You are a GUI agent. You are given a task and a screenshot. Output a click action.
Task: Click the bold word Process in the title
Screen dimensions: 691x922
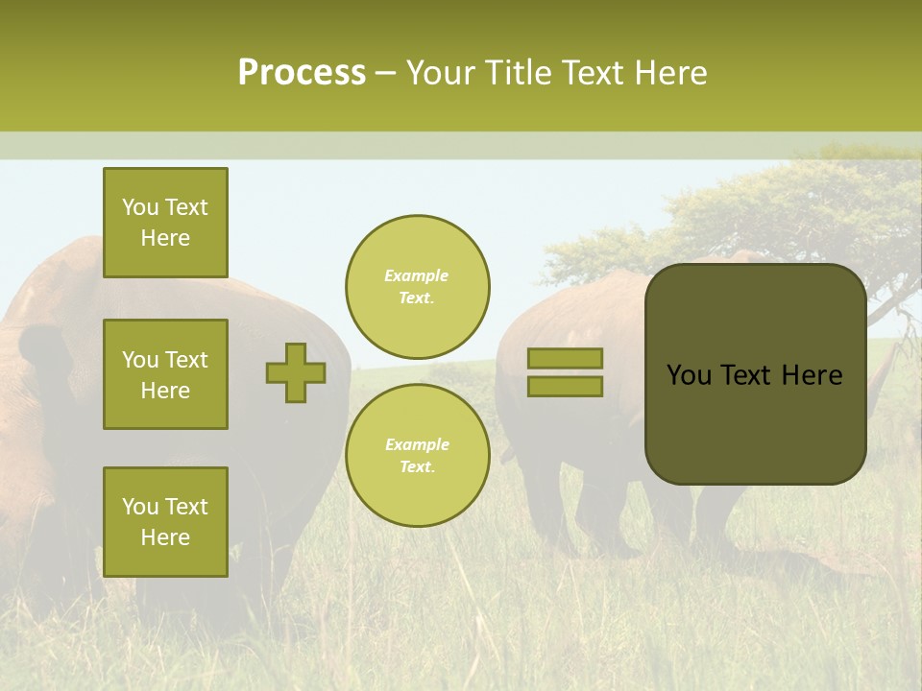point(302,73)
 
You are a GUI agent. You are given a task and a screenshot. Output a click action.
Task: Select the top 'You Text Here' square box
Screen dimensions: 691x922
point(165,223)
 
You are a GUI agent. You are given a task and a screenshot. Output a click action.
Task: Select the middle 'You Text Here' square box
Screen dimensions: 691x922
point(165,374)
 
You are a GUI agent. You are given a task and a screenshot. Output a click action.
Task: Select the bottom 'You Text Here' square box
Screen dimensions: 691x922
point(165,521)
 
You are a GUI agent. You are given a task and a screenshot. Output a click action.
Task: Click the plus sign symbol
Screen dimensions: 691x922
point(296,372)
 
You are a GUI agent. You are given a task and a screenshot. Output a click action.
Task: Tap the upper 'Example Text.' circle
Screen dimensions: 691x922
point(418,286)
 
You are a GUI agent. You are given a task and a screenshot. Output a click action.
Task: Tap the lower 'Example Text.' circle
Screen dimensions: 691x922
point(418,455)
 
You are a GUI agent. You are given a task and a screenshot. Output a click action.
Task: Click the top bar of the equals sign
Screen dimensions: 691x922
point(566,359)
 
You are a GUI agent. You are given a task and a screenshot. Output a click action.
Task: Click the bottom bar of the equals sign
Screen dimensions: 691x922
point(566,386)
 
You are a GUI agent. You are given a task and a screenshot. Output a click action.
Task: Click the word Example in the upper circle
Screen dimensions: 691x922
point(416,275)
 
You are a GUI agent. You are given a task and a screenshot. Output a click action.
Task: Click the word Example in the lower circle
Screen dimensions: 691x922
point(417,444)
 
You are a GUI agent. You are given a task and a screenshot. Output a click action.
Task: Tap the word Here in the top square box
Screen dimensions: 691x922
point(165,238)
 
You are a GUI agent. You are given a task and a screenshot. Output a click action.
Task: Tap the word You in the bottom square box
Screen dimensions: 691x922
point(139,507)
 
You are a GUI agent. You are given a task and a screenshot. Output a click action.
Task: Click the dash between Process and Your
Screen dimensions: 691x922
point(385,73)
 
